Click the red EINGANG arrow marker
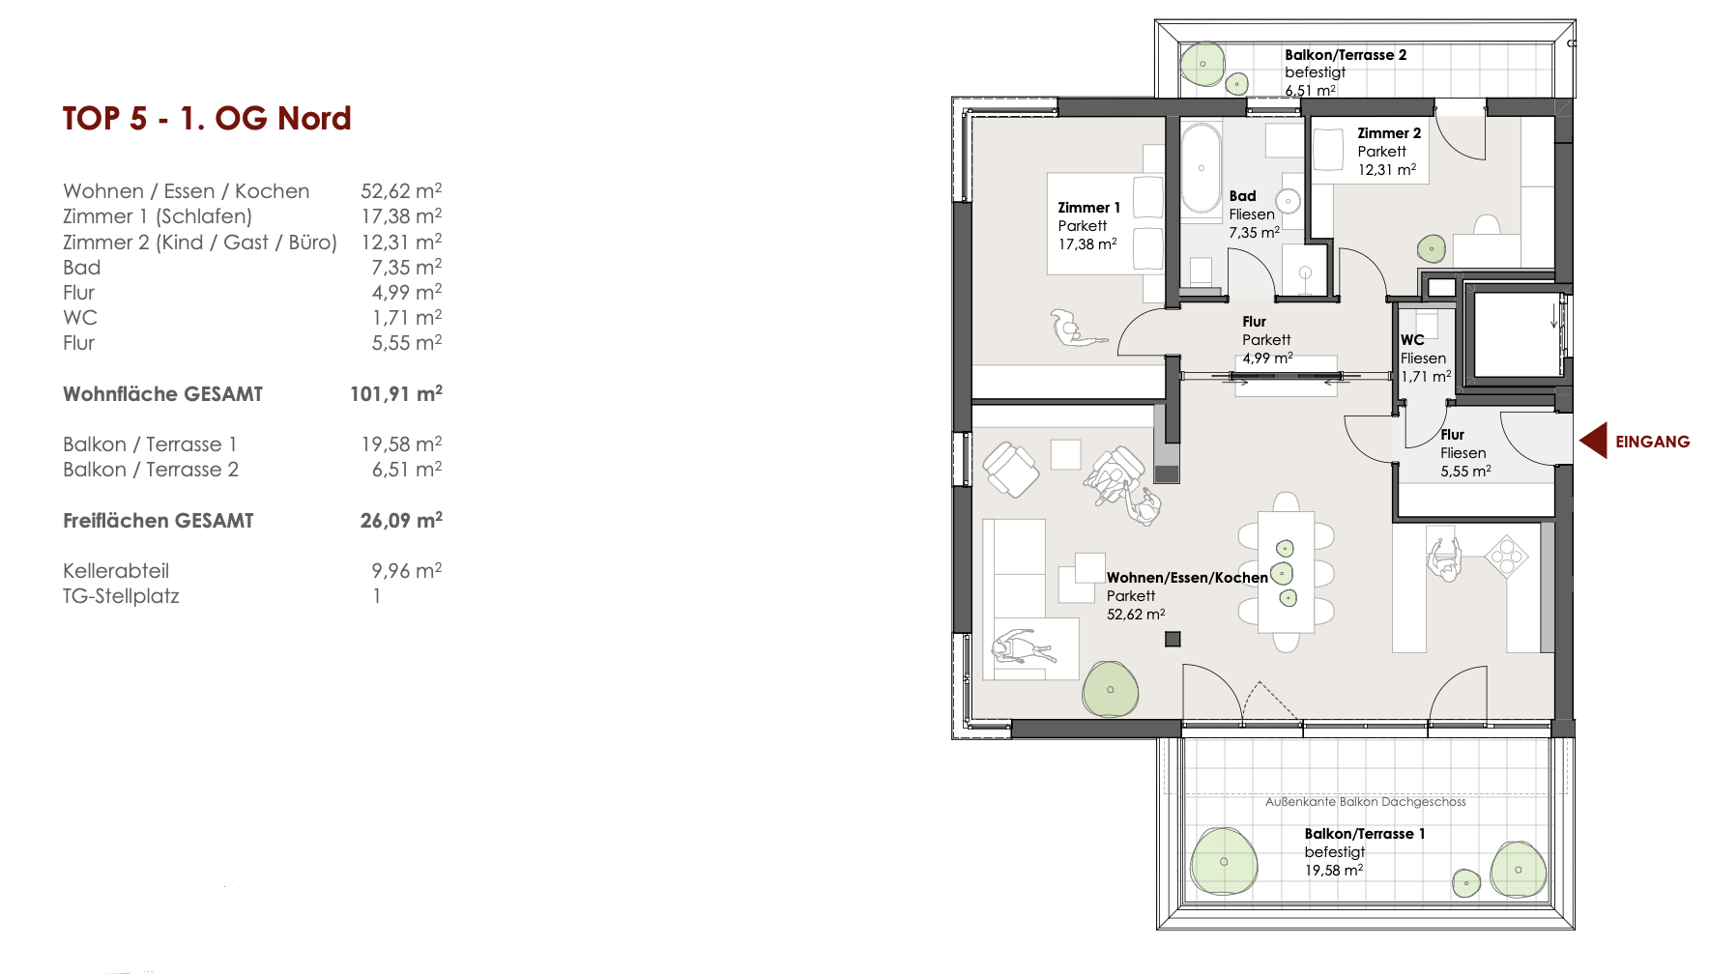click(x=1593, y=441)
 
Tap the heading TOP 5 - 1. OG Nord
click(x=207, y=119)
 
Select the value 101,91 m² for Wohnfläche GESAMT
click(x=396, y=393)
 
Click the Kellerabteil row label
click(x=116, y=571)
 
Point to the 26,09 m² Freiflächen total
click(x=401, y=520)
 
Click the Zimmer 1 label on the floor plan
click(x=1088, y=208)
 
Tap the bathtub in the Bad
click(x=1202, y=168)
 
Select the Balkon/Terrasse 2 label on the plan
click(x=1346, y=55)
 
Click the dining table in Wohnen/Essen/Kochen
click(x=1286, y=572)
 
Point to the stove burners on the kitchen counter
click(x=1505, y=556)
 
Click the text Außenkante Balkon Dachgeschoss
click(x=1366, y=801)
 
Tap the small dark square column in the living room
click(x=1173, y=639)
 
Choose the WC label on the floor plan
click(x=1412, y=340)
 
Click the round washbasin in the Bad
click(x=1288, y=201)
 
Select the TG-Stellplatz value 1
click(x=377, y=596)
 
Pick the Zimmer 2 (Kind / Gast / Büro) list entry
click(x=200, y=243)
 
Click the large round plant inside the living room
click(x=1111, y=689)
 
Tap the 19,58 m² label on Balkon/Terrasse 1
click(x=1334, y=870)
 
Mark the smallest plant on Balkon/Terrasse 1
click(x=1466, y=882)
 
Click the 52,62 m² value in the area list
click(x=401, y=191)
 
